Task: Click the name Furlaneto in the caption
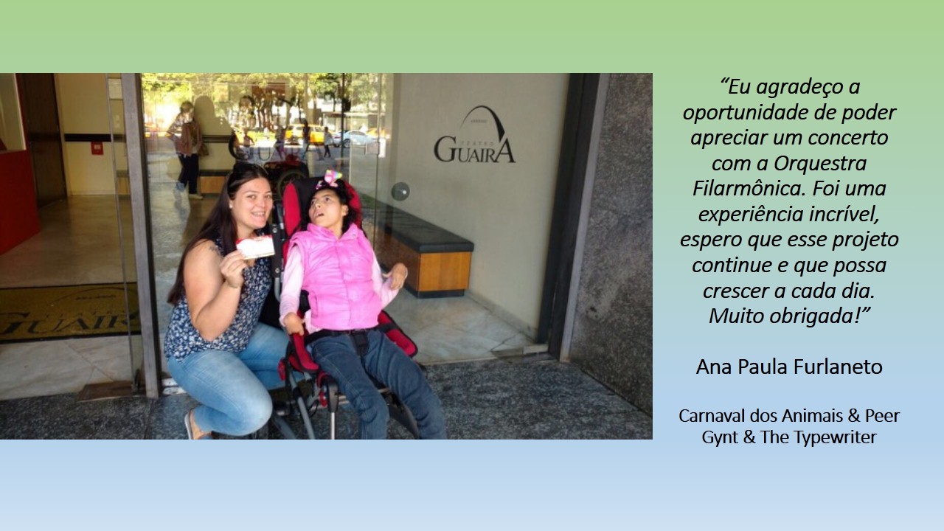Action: tap(837, 367)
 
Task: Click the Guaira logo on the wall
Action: tap(475, 135)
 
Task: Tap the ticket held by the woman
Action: tap(255, 247)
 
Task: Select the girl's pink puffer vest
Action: tap(337, 276)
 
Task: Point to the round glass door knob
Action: tap(400, 191)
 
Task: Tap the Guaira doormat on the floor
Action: tap(69, 311)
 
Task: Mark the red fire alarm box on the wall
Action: tap(97, 148)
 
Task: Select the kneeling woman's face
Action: tap(253, 203)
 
